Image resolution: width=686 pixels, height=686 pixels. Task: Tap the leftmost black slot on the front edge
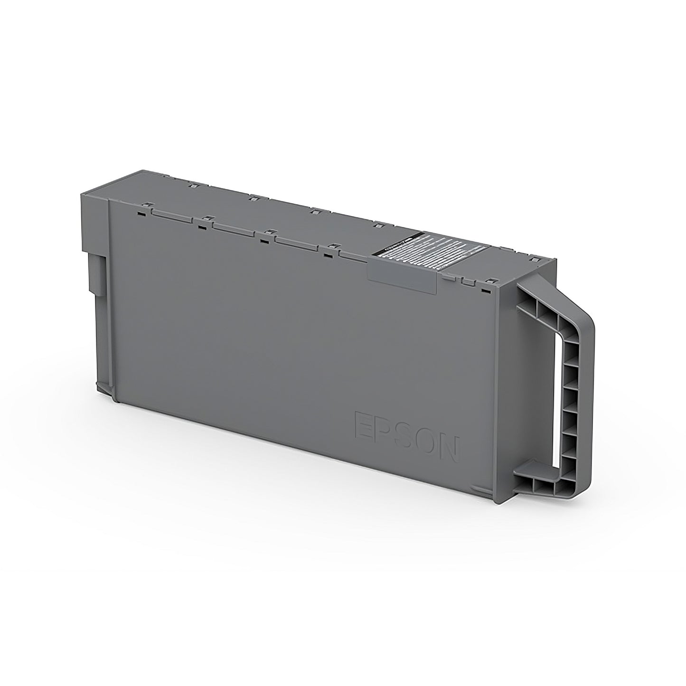pos(141,214)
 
